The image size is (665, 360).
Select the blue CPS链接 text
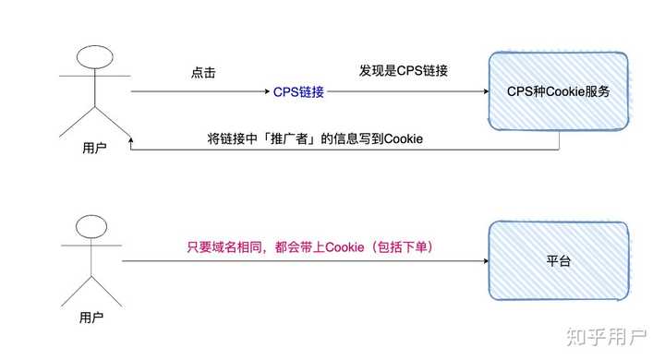coord(299,92)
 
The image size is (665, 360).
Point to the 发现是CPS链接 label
coord(404,71)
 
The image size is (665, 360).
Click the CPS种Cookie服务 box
coord(559,92)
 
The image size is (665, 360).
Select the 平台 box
coord(559,262)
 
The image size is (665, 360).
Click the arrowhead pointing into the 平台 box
coord(483,261)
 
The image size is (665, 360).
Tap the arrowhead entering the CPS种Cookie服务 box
coord(483,92)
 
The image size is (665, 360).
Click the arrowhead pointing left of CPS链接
coord(263,92)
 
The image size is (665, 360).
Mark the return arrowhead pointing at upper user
coord(135,150)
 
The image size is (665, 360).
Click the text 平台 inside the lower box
coord(559,262)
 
